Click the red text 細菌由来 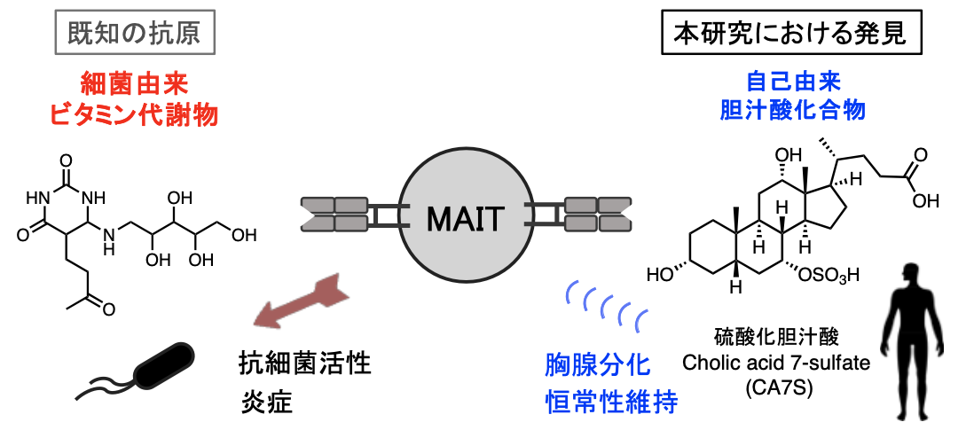(134, 85)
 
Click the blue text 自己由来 (793, 84)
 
